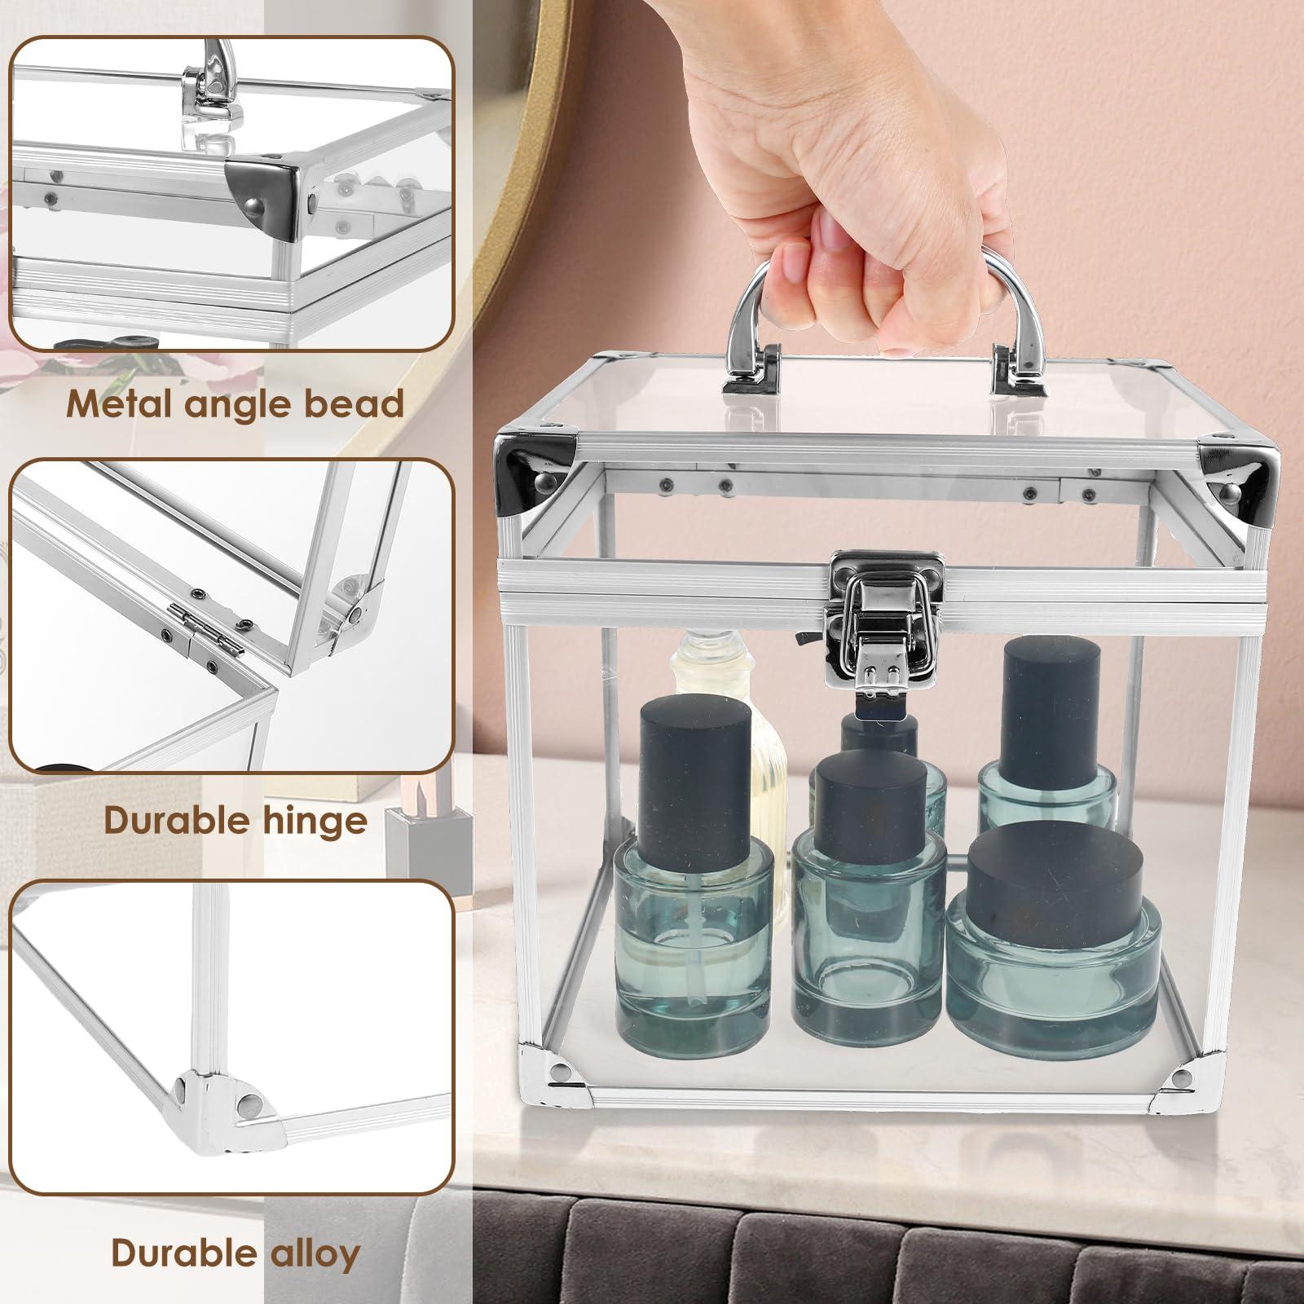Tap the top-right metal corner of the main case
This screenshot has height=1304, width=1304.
[1236, 471]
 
